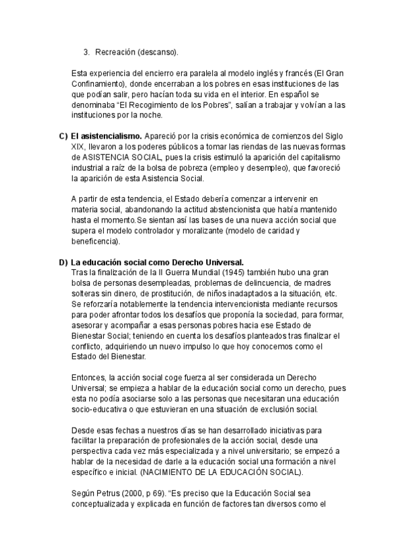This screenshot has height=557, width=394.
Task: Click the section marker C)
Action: click(64, 136)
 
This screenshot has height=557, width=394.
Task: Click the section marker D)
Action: click(64, 261)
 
